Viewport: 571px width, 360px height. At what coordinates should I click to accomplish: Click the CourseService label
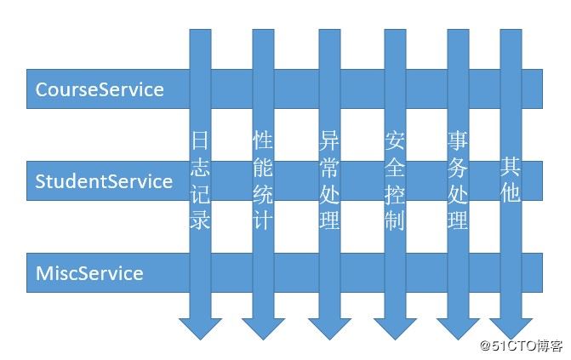click(100, 89)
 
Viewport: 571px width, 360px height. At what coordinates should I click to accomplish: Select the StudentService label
click(104, 181)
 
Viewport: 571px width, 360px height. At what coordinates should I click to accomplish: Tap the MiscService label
click(89, 273)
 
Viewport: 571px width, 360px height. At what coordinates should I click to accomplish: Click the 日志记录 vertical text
click(200, 180)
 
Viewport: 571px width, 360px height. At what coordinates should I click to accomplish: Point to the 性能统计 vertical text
click(263, 180)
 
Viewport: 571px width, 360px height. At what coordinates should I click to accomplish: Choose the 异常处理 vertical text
click(329, 180)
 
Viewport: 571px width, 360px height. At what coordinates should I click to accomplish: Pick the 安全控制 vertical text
click(394, 180)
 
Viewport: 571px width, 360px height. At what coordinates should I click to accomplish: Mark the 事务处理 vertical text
click(458, 180)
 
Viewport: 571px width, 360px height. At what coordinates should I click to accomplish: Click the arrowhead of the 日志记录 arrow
click(200, 327)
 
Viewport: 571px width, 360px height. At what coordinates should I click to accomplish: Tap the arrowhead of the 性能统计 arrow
click(263, 327)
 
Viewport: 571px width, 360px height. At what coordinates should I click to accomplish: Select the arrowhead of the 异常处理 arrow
click(329, 327)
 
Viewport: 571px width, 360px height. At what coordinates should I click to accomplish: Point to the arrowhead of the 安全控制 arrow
click(394, 327)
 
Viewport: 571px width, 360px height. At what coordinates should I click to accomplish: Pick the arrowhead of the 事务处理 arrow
click(458, 327)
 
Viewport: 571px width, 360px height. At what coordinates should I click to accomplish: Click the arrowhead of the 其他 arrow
click(511, 327)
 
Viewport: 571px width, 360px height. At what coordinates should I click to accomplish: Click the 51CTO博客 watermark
click(522, 346)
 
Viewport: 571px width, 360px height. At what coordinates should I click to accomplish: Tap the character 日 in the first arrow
click(200, 140)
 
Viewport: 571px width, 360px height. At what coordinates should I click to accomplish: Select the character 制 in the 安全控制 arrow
click(394, 220)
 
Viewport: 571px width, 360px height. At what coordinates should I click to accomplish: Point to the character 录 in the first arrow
click(200, 220)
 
